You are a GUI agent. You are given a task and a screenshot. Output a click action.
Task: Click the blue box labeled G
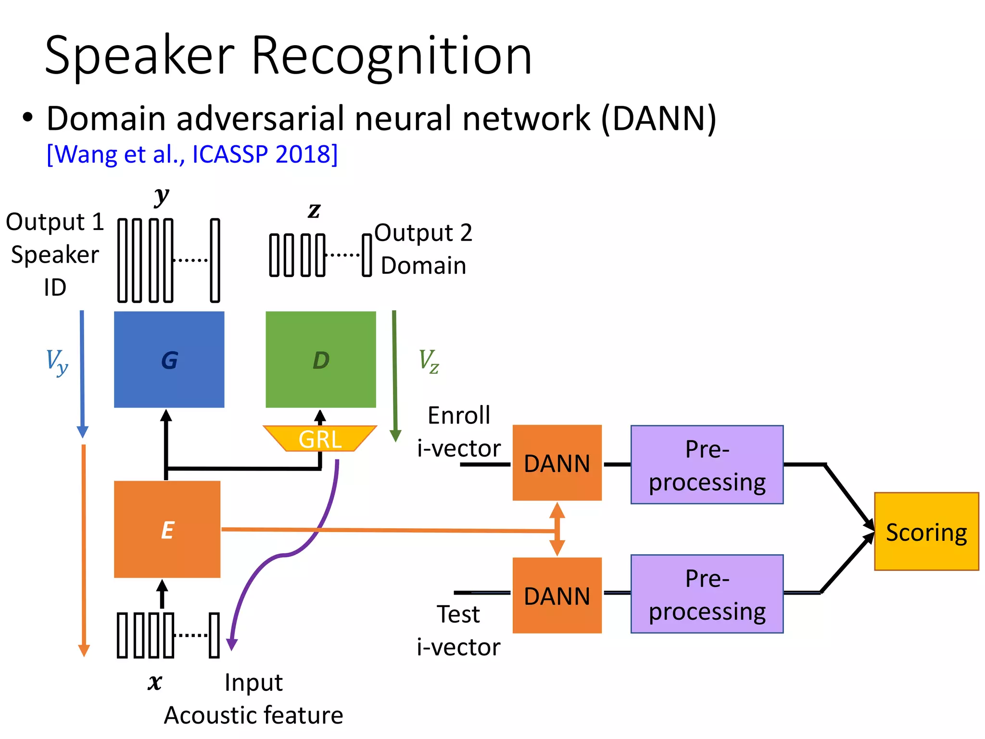tap(169, 359)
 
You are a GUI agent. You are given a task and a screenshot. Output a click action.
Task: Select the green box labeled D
tap(321, 359)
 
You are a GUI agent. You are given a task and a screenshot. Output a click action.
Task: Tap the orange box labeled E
tap(167, 529)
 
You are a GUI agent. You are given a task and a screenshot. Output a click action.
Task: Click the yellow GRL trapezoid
tap(320, 438)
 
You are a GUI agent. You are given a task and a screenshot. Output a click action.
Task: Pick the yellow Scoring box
tap(926, 532)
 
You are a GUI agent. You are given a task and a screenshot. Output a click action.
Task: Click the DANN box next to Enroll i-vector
tap(556, 463)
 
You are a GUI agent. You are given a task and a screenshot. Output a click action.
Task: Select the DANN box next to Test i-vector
tap(556, 596)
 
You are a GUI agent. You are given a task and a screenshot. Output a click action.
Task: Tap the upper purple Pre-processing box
tap(707, 465)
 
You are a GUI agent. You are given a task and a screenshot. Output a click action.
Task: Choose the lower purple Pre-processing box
tap(707, 594)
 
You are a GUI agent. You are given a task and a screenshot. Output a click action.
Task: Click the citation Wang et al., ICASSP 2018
tap(192, 154)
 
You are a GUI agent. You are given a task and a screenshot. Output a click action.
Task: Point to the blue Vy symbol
tap(57, 362)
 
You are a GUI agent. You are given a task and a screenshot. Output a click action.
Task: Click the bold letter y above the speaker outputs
tap(162, 196)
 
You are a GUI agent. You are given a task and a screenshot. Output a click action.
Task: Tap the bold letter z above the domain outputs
tap(314, 210)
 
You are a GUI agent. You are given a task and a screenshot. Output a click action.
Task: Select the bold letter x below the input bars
tap(155, 682)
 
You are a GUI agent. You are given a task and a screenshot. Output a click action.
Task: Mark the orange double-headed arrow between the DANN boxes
tap(557, 529)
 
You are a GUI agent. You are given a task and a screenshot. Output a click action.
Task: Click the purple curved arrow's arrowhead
tap(232, 645)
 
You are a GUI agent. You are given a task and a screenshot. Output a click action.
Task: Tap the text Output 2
tap(423, 233)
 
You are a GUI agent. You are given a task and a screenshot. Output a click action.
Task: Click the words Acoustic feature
tap(253, 715)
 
